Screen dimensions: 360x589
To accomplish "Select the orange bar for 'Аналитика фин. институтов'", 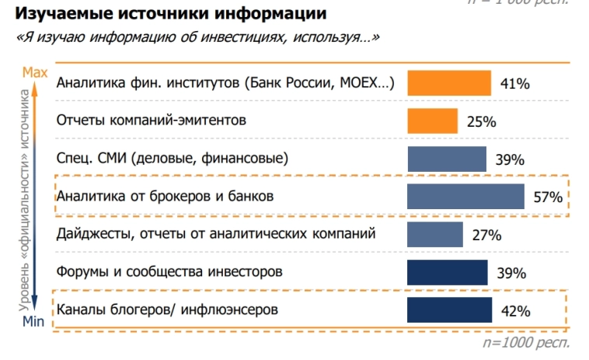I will click(449, 83).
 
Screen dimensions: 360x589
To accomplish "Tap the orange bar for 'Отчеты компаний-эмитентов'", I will click(433, 121).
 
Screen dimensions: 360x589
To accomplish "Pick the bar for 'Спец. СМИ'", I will click(448, 159).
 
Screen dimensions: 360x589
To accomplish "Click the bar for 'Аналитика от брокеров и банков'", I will click(465, 196).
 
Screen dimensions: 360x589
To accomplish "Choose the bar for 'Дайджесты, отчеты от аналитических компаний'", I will click(435, 234).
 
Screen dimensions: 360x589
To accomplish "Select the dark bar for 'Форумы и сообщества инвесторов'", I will click(448, 272).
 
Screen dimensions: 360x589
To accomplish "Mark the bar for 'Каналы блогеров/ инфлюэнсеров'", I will click(449, 309).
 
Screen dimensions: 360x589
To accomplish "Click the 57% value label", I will click(547, 197).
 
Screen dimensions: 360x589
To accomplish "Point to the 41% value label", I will click(514, 84).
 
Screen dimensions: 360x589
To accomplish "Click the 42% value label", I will click(515, 311).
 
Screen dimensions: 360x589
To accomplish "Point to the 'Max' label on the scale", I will click(35, 72).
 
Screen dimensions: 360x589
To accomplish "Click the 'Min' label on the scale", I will click(33, 321).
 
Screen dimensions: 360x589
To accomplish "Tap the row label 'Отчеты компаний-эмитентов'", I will click(152, 121).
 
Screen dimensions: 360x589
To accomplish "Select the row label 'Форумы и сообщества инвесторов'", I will click(169, 272).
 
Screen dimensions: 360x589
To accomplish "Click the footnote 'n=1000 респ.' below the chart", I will click(526, 341).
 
